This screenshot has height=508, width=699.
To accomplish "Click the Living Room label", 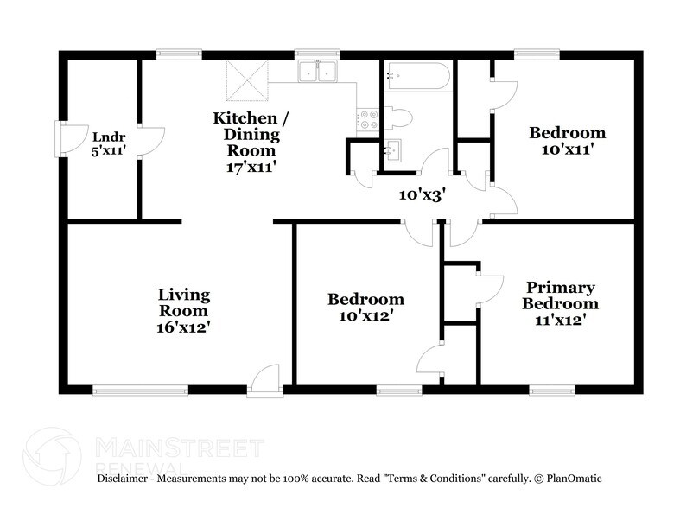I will click(x=182, y=303).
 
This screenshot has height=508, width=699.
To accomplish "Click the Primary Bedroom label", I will click(x=562, y=295).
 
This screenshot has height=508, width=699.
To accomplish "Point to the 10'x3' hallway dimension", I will click(x=421, y=195).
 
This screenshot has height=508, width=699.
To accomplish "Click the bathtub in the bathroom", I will click(x=418, y=77).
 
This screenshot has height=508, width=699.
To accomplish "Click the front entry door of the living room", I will click(x=265, y=382).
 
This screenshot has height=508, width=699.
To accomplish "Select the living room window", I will click(x=141, y=391).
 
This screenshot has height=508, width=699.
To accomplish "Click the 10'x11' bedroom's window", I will click(x=537, y=54).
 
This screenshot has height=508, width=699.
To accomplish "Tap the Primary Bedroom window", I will click(x=552, y=391).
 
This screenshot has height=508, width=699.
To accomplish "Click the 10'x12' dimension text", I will click(x=365, y=316).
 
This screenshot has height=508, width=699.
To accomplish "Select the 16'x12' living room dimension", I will click(x=182, y=327).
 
